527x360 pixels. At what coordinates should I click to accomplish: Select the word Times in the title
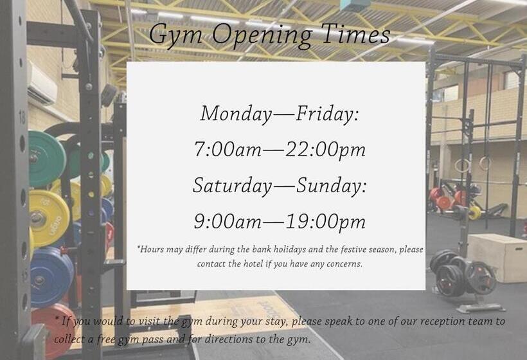[x=356, y=34]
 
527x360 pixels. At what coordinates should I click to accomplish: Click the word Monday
[x=237, y=114]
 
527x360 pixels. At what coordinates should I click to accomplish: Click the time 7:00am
[x=228, y=149]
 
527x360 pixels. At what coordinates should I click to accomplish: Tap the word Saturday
[x=233, y=186]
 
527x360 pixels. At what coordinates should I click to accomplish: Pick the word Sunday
[x=331, y=186]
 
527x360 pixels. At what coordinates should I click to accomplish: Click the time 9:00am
[x=228, y=222]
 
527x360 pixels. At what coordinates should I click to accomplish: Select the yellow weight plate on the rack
[x=49, y=218]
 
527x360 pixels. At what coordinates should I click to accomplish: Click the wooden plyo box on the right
[x=497, y=257]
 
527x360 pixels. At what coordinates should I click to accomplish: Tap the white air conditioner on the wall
[x=42, y=84]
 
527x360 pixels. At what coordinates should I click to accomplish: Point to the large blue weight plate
[x=51, y=277]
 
